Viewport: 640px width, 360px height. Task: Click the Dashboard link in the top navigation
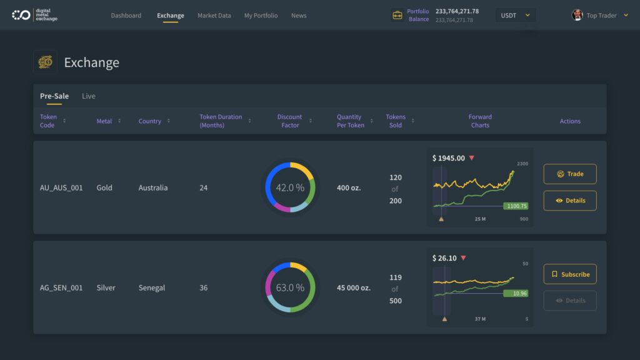coord(126,16)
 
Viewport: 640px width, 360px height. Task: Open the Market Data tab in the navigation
coord(214,16)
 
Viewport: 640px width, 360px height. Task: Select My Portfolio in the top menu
coord(261,16)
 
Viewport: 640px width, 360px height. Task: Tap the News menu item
coord(299,16)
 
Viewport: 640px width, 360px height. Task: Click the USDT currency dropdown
coord(515,16)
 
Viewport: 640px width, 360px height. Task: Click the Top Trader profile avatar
coord(577,16)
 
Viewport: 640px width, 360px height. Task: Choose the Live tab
coord(89,96)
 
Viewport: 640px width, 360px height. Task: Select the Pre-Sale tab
coord(54,96)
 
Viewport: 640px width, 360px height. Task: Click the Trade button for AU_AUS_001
coord(569,174)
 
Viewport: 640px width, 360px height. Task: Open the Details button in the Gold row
coord(569,201)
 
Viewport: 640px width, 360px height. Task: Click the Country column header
coord(150,121)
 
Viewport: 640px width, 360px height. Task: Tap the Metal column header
coord(104,121)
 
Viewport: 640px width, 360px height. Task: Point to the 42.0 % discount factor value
coord(290,187)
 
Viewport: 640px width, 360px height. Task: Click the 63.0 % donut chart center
coord(290,287)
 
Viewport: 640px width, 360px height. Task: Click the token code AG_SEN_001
coord(61,288)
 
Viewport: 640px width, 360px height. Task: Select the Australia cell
coord(153,187)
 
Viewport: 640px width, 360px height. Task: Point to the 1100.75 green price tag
coord(516,206)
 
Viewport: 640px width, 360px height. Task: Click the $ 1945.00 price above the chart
coord(449,158)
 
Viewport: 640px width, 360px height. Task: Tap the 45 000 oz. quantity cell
coord(354,288)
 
